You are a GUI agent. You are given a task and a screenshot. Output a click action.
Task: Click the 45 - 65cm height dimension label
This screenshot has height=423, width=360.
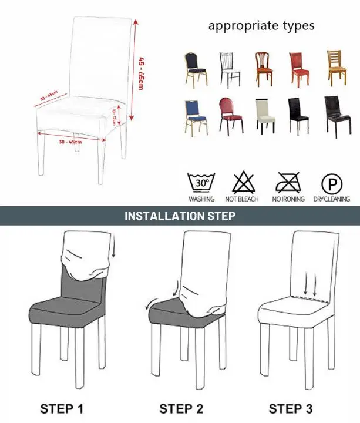(x=141, y=73)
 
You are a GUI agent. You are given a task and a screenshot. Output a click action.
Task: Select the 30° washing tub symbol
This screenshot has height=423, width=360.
(x=201, y=183)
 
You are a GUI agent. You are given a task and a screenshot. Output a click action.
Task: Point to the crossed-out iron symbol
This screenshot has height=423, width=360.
(x=287, y=183)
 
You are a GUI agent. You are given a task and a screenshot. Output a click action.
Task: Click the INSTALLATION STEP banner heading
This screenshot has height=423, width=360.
(x=180, y=216)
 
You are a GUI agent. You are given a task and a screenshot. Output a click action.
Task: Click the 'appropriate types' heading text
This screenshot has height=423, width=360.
(x=261, y=26)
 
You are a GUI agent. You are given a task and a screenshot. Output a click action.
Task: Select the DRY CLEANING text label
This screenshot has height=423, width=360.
(x=332, y=199)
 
